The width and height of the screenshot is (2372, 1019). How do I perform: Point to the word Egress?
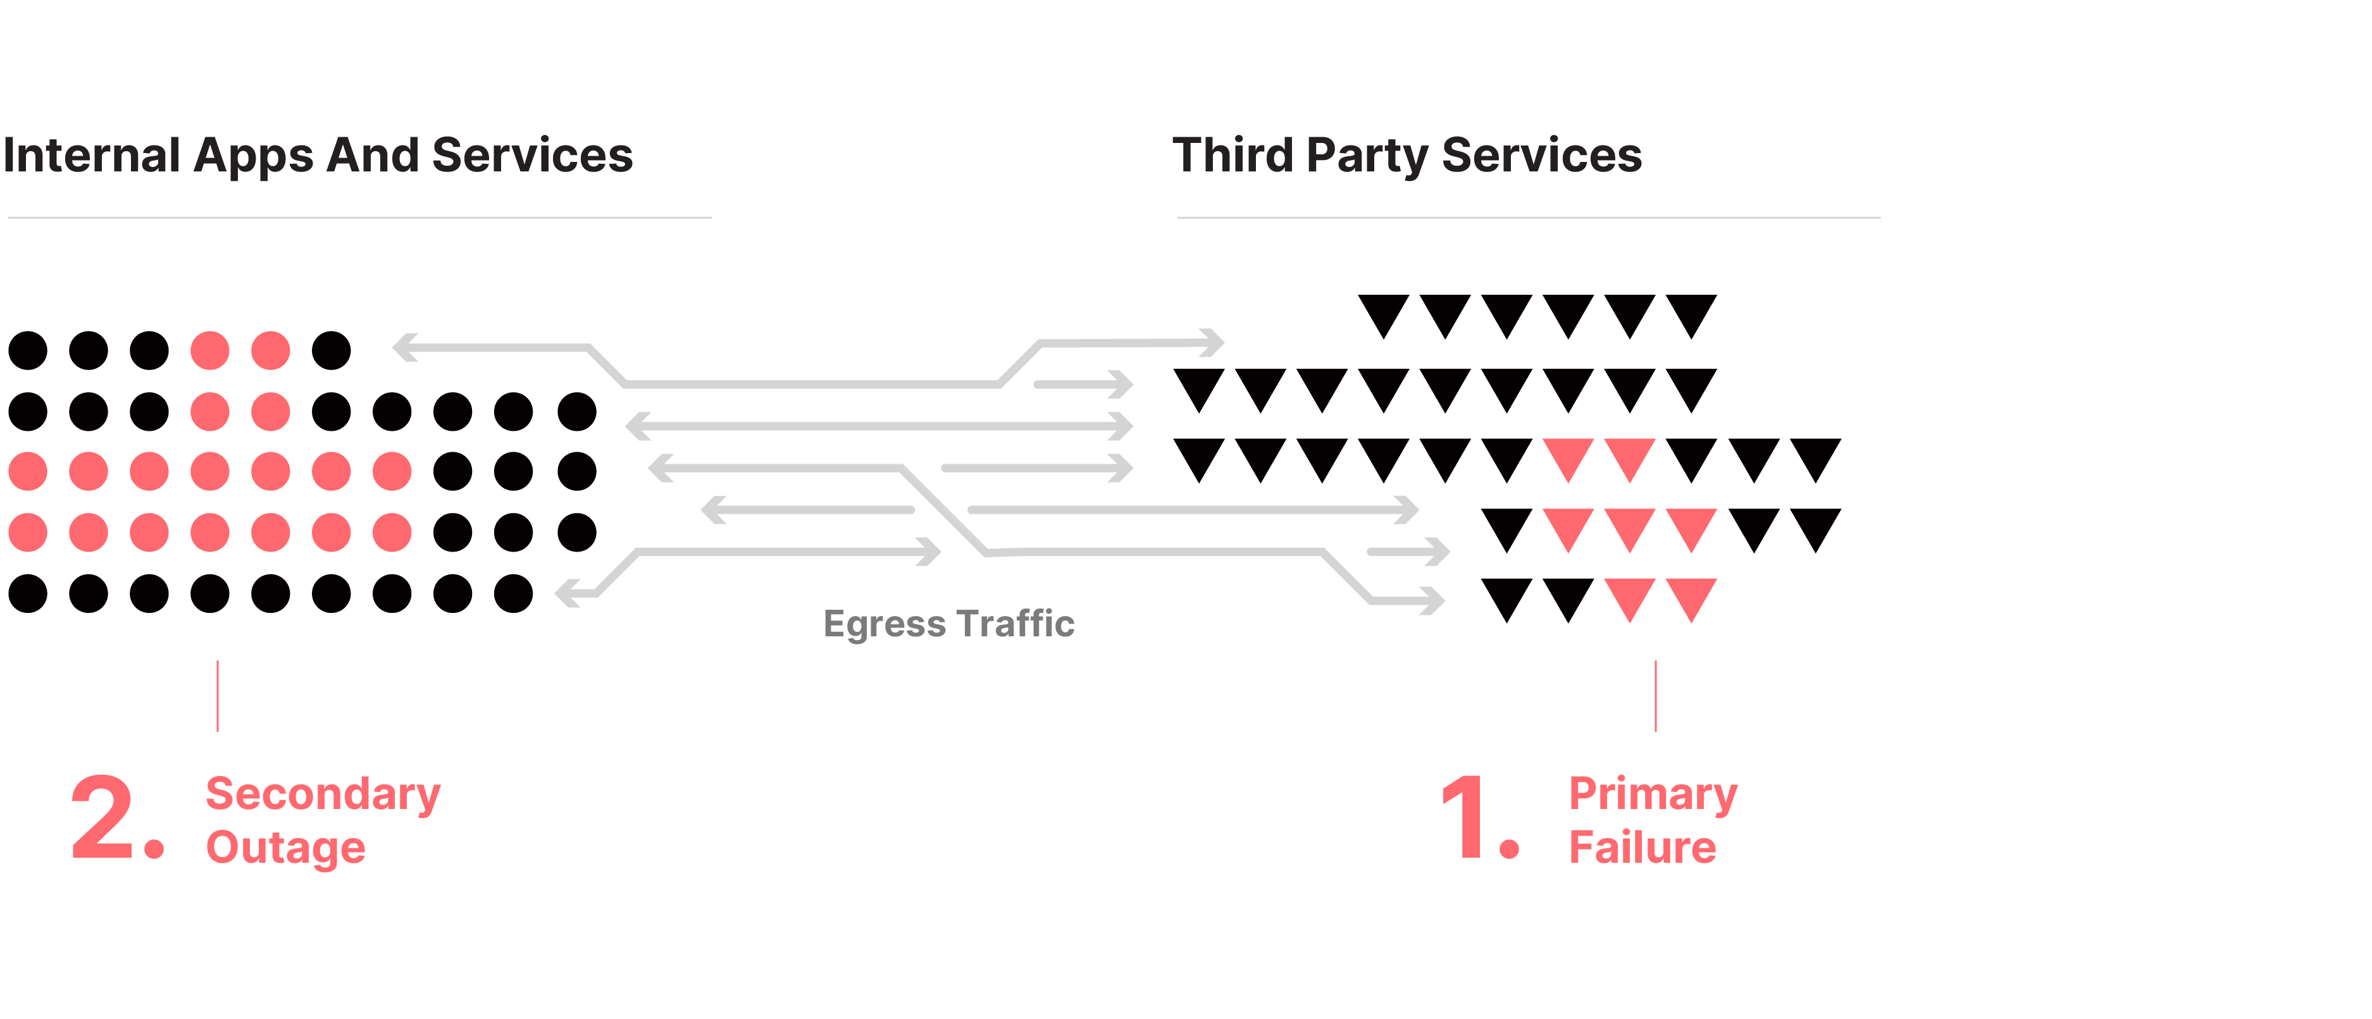click(x=884, y=625)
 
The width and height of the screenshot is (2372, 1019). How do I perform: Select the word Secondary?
click(x=323, y=794)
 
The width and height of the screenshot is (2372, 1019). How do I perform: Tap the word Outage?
click(x=285, y=848)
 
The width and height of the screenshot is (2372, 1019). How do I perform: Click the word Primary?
click(x=1653, y=794)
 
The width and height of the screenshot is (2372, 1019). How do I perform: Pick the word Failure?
click(x=1642, y=847)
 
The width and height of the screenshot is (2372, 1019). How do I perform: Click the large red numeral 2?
click(x=103, y=817)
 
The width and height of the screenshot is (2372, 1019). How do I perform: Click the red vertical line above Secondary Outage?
click(x=217, y=696)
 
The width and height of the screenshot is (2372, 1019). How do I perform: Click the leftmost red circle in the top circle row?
click(x=210, y=350)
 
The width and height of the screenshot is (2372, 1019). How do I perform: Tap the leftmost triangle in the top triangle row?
click(x=1383, y=314)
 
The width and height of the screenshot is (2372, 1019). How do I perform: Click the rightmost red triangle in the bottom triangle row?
click(x=1691, y=597)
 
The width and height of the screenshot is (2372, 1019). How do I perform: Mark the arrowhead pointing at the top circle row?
click(x=402, y=347)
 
